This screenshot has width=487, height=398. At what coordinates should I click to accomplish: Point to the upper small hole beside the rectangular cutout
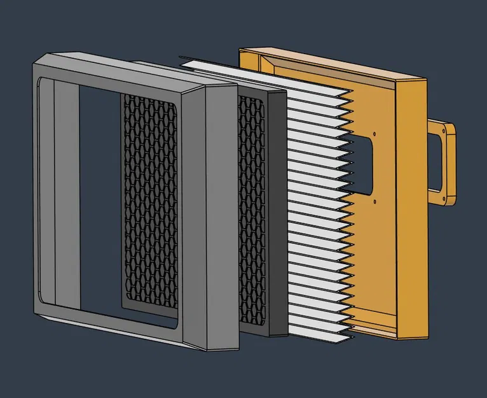[x=374, y=134]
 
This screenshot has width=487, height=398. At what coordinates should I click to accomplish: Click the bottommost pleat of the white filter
[x=318, y=334]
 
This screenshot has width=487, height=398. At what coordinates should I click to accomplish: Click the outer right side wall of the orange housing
[x=413, y=210]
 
